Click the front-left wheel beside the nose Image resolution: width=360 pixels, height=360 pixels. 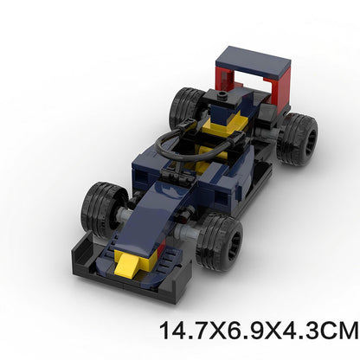[103, 209]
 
